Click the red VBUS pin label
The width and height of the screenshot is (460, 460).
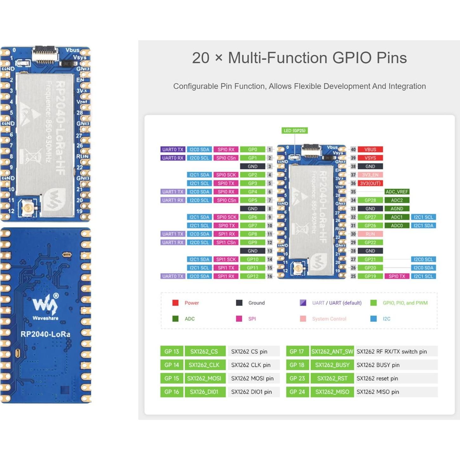(x=370, y=149)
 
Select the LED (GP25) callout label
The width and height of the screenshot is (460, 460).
(x=295, y=131)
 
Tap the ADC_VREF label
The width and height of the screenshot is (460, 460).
(x=397, y=192)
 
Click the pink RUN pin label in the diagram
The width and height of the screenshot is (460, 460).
(x=370, y=234)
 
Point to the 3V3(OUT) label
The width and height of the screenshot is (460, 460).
(x=370, y=183)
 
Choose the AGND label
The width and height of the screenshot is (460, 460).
(x=397, y=209)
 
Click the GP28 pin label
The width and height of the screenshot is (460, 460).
(x=370, y=200)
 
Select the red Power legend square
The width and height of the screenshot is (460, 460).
(x=175, y=303)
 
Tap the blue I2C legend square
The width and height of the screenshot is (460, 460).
(x=373, y=319)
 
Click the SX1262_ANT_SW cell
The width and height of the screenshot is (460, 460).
(x=332, y=351)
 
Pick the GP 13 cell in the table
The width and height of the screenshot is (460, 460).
(x=172, y=351)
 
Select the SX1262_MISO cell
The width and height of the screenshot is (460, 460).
(x=332, y=392)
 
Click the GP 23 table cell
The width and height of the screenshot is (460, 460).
(x=297, y=378)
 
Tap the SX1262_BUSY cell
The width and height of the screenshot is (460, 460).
(x=332, y=365)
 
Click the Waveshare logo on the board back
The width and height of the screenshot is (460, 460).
(x=46, y=304)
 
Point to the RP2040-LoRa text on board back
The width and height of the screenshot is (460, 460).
(x=46, y=334)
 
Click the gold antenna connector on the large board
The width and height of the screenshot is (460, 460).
(x=27, y=208)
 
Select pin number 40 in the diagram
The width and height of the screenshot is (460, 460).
(x=353, y=149)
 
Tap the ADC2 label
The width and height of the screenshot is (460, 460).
(x=397, y=200)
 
